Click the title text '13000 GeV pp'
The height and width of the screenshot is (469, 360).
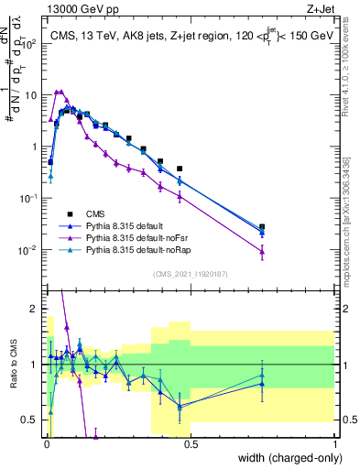point(80,10)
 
